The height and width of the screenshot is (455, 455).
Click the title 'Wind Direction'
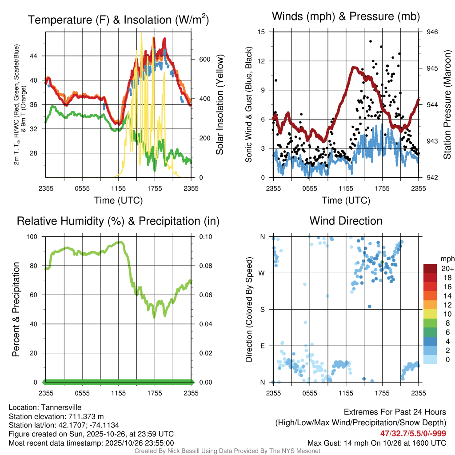click(x=346, y=221)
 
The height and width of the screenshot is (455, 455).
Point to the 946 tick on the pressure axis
click(x=432, y=32)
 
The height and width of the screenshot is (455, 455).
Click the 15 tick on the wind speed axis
click(x=262, y=32)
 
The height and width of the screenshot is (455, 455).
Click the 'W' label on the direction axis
click(x=263, y=273)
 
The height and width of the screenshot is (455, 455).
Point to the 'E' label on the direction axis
click(x=263, y=346)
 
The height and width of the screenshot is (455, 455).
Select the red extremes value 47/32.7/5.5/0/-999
click(x=413, y=434)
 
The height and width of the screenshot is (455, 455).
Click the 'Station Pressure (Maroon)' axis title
click(x=447, y=105)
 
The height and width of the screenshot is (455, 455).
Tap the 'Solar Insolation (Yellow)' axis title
click(x=220, y=105)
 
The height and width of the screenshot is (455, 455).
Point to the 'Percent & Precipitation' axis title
click(x=16, y=309)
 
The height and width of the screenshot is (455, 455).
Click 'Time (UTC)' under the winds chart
click(x=346, y=200)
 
